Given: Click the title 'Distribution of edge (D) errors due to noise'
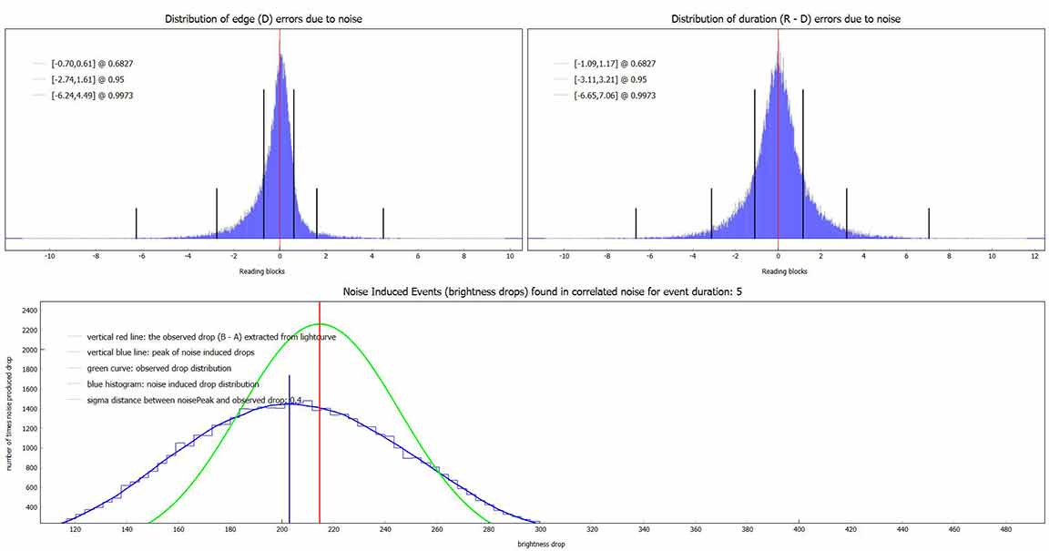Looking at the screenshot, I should pyautogui.click(x=264, y=19).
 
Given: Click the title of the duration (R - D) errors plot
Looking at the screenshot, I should pyautogui.click(x=786, y=19).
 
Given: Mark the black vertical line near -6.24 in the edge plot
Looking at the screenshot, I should pyautogui.click(x=137, y=222).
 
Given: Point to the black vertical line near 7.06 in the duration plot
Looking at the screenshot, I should pyautogui.click(x=929, y=222).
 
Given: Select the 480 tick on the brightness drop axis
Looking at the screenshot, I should pyautogui.click(x=1005, y=529).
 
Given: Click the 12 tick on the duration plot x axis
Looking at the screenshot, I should pyautogui.click(x=1034, y=257).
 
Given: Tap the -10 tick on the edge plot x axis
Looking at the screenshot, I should pyautogui.click(x=49, y=257).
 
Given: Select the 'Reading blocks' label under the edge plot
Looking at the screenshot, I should pyautogui.click(x=262, y=271).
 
